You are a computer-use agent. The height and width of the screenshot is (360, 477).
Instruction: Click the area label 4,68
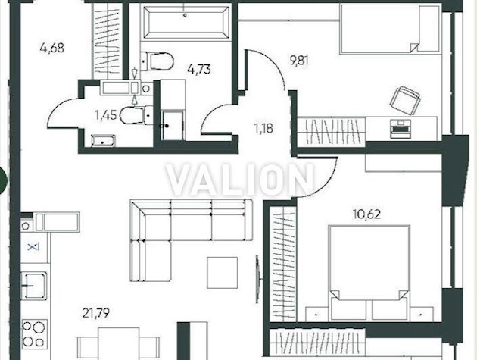tap(52, 49)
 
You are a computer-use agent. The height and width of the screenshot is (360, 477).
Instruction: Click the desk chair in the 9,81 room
tap(403, 99)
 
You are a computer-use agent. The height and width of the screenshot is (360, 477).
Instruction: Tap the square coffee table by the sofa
tap(223, 271)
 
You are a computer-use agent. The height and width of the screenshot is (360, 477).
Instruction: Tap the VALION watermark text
tap(239, 180)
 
